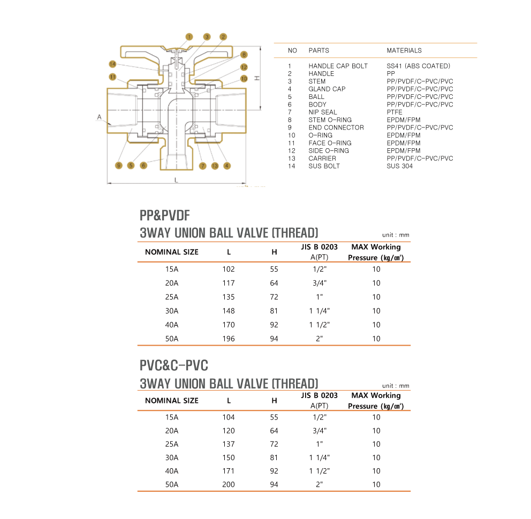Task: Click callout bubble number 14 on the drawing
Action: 112,64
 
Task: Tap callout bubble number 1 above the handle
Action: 189,37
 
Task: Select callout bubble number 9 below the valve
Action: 118,166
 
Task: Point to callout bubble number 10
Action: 244,79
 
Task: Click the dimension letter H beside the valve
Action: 257,78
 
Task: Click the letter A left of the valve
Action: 99,117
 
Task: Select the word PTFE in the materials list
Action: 395,112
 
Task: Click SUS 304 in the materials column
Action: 399,166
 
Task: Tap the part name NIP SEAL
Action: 323,112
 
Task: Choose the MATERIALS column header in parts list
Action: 404,50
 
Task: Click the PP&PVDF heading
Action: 165,216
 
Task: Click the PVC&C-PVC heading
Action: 174,365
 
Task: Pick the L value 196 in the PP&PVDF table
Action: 229,339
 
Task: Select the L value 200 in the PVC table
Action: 229,484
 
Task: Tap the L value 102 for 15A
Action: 229,269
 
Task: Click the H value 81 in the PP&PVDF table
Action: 274,311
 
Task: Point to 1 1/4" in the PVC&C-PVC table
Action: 320,457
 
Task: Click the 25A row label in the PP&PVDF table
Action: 172,297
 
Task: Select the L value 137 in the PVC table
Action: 229,444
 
